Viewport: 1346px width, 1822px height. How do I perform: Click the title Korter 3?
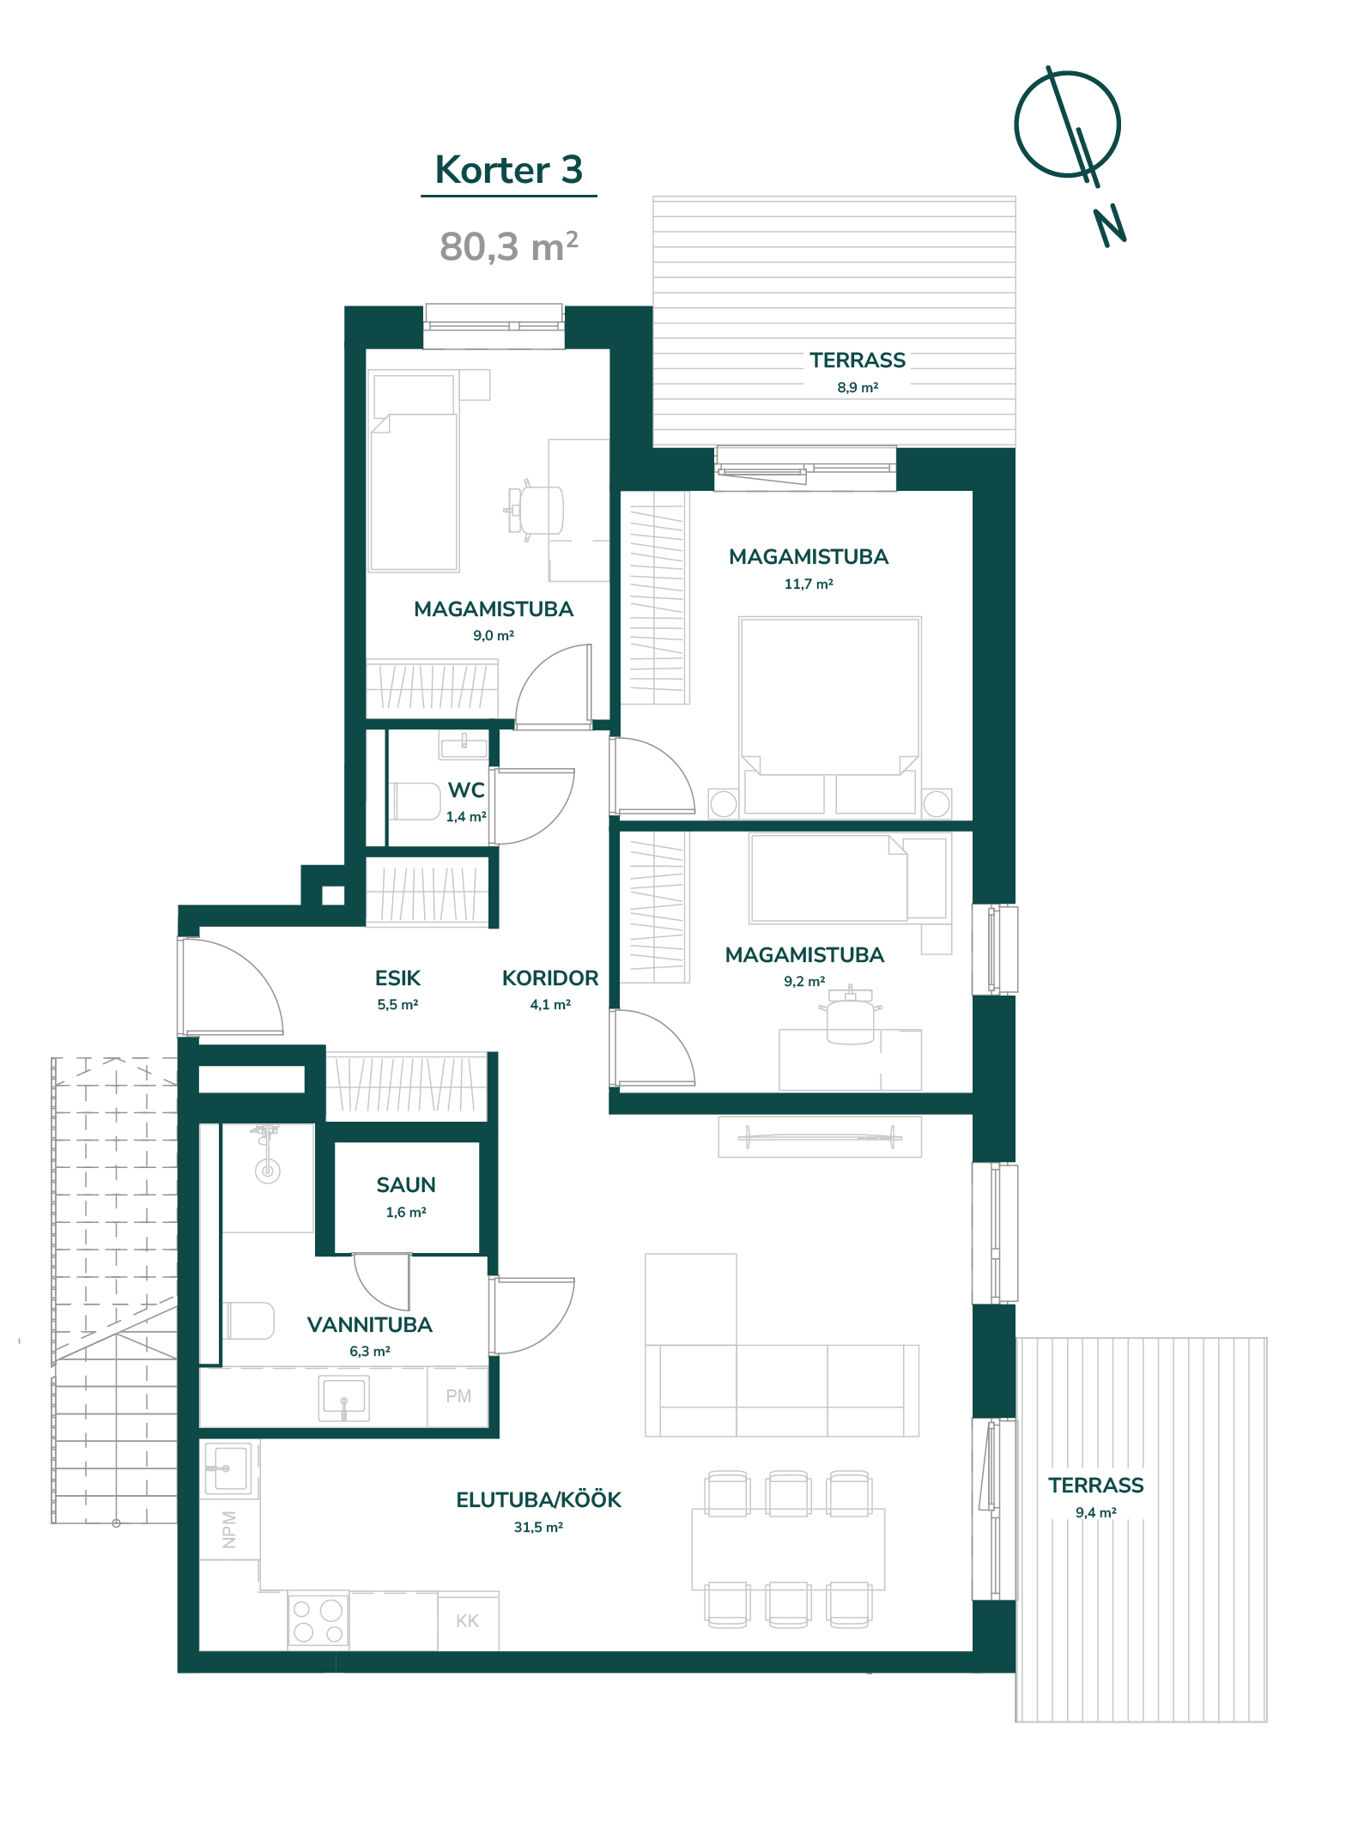tap(509, 170)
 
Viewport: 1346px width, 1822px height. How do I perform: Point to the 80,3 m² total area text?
tap(509, 246)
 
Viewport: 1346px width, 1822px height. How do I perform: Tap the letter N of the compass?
tap(1109, 227)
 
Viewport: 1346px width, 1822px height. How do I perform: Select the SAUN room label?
tap(406, 1185)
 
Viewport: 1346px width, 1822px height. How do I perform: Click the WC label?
tap(466, 790)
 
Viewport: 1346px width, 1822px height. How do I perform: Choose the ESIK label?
tap(397, 978)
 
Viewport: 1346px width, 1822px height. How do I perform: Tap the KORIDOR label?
tap(550, 978)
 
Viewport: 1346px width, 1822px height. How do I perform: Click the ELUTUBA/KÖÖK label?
tap(538, 1500)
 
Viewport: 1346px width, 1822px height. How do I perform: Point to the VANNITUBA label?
tap(370, 1325)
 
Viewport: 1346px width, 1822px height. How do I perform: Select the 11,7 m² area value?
tap(809, 584)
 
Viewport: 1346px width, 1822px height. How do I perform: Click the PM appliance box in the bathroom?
tap(458, 1396)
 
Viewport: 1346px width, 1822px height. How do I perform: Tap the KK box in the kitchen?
tap(468, 1621)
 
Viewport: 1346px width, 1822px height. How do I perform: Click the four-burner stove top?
tap(318, 1620)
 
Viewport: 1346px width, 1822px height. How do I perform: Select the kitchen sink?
tap(229, 1469)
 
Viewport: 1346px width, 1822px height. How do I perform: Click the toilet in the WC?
tap(416, 801)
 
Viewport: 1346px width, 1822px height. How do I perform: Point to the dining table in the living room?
tap(788, 1549)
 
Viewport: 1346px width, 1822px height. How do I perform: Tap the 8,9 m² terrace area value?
tap(858, 388)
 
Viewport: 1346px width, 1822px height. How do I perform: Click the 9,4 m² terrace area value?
tap(1096, 1513)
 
